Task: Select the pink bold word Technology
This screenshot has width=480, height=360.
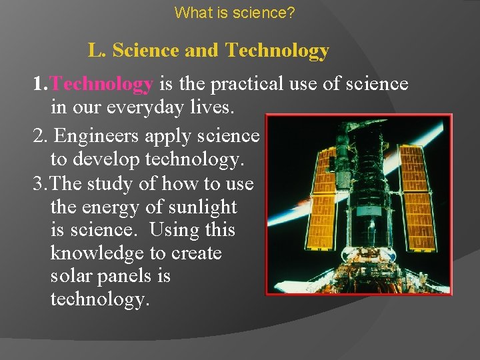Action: (x=102, y=85)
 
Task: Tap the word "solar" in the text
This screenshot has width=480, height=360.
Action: (x=73, y=276)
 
